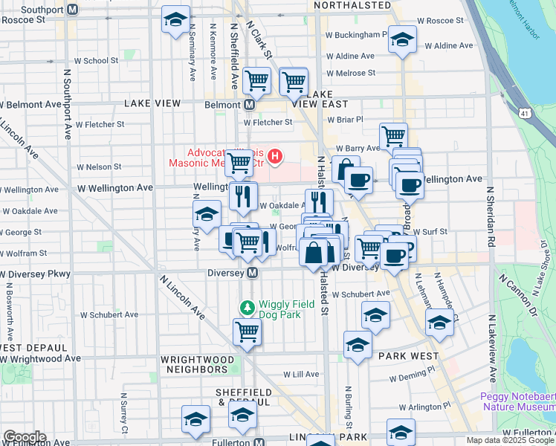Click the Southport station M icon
(x=72, y=10)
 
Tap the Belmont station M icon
(x=249, y=105)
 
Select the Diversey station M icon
(x=253, y=273)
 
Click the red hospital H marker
(x=275, y=156)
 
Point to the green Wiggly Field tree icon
(x=248, y=306)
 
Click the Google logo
(x=24, y=437)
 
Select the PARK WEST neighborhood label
(x=408, y=356)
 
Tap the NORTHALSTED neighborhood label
(x=352, y=5)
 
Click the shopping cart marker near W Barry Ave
(x=393, y=137)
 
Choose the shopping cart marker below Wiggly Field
(x=247, y=332)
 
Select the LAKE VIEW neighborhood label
(x=149, y=102)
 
